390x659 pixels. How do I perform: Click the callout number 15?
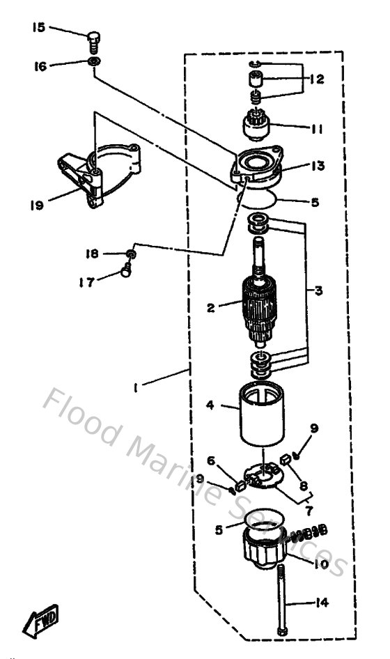pyautogui.click(x=38, y=27)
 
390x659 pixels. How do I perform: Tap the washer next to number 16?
pyautogui.click(x=94, y=63)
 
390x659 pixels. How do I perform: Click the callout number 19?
pyautogui.click(x=38, y=205)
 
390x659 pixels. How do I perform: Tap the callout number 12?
pyautogui.click(x=318, y=79)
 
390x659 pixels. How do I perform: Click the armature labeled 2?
pyautogui.click(x=262, y=307)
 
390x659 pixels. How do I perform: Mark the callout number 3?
pyautogui.click(x=318, y=290)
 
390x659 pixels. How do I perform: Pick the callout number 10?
pyautogui.click(x=320, y=565)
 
